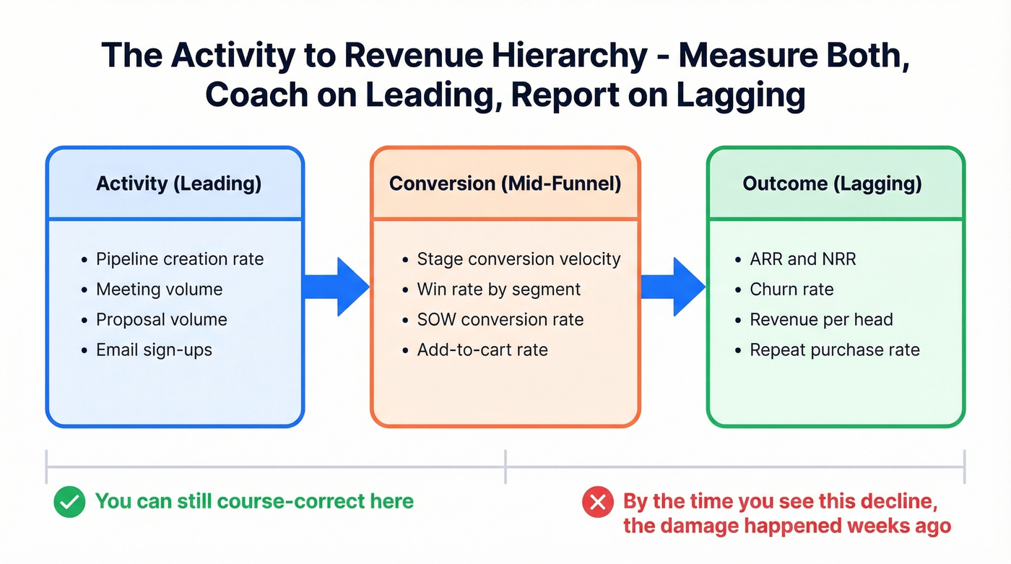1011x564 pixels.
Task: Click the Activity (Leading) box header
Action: (x=178, y=183)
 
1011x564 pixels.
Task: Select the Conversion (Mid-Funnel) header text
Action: (x=505, y=183)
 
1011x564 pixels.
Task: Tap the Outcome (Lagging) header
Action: (x=832, y=183)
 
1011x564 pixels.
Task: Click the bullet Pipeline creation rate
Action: (x=180, y=259)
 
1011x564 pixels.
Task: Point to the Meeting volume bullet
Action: (x=159, y=290)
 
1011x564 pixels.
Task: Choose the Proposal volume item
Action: (x=162, y=320)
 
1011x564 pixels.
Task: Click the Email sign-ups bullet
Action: (x=154, y=350)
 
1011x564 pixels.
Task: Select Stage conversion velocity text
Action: (x=518, y=259)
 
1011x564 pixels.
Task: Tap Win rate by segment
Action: (x=498, y=290)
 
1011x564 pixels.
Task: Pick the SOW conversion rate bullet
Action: (x=500, y=320)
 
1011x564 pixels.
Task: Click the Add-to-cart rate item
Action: (x=482, y=350)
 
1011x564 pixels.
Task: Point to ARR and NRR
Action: (x=802, y=259)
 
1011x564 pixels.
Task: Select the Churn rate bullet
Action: (x=791, y=290)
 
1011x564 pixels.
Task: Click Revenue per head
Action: (x=821, y=320)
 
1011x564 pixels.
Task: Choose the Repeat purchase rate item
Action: (x=834, y=350)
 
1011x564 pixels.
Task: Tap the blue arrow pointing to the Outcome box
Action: (x=673, y=287)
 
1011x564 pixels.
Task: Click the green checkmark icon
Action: (x=69, y=502)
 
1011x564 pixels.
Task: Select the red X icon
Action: (x=597, y=502)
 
